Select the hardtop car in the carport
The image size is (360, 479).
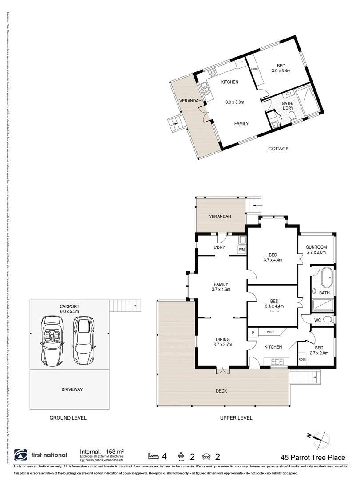pyautogui.click(x=83, y=339)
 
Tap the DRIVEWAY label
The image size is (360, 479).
pyautogui.click(x=69, y=389)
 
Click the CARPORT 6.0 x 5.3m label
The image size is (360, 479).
pyautogui.click(x=69, y=309)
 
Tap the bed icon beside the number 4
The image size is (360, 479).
pyautogui.click(x=153, y=455)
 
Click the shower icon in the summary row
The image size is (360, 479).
pyautogui.click(x=181, y=455)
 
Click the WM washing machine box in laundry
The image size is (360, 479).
pyautogui.click(x=241, y=250)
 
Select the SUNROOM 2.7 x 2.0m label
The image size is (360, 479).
pyautogui.click(x=316, y=250)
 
